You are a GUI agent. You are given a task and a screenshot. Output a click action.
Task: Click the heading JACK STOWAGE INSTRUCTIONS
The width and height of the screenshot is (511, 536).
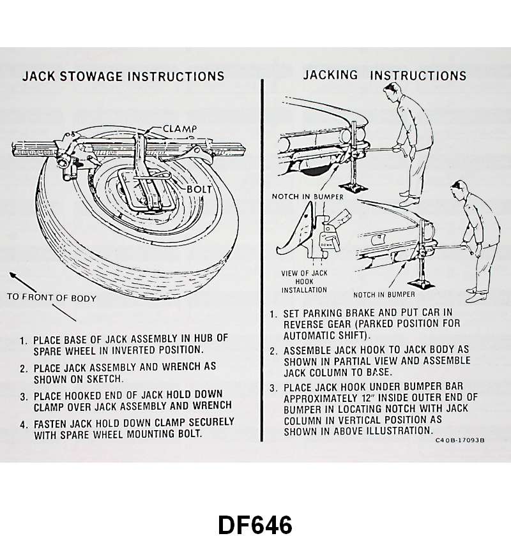coord(123,77)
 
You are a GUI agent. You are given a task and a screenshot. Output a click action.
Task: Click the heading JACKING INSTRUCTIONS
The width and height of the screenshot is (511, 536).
coord(385,75)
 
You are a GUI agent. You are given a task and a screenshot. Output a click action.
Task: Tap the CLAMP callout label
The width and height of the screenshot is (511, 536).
coord(179,129)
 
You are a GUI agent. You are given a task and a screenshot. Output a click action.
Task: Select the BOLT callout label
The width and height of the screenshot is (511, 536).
coord(199,190)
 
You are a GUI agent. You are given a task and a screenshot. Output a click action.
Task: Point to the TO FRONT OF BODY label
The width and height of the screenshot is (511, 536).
coord(52,297)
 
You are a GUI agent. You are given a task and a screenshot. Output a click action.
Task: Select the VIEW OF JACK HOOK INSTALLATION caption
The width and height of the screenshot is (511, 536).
coord(304,281)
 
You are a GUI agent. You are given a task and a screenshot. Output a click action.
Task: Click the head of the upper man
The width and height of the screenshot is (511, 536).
coord(392,94)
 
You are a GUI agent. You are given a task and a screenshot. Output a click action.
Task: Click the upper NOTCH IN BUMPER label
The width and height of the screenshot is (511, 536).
coord(307,197)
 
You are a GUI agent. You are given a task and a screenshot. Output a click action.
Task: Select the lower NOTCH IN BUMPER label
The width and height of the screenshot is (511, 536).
coord(384,294)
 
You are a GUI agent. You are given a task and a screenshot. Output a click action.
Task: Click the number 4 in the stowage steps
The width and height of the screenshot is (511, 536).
coord(23,423)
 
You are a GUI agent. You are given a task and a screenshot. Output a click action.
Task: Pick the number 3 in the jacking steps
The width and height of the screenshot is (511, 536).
coord(273,388)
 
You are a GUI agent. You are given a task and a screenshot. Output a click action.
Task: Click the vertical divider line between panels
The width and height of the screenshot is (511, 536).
coord(262,255)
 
